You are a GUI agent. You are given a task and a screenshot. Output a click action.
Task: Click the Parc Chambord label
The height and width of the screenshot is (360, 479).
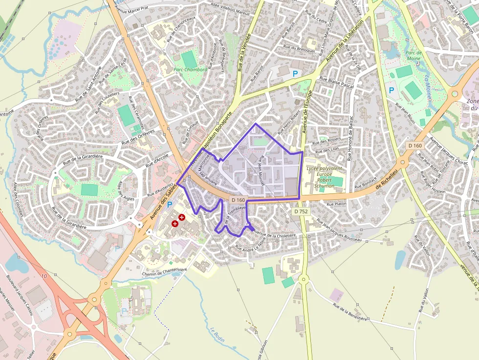point(190,70)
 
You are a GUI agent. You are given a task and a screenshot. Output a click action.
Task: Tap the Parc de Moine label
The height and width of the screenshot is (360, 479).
point(413,55)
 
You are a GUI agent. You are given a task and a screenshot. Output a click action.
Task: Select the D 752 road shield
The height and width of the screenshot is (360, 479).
point(301,212)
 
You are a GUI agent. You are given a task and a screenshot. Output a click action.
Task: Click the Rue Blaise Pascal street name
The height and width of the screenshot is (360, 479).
point(336,82)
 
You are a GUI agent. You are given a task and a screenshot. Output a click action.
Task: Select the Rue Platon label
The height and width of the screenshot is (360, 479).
point(336,204)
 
